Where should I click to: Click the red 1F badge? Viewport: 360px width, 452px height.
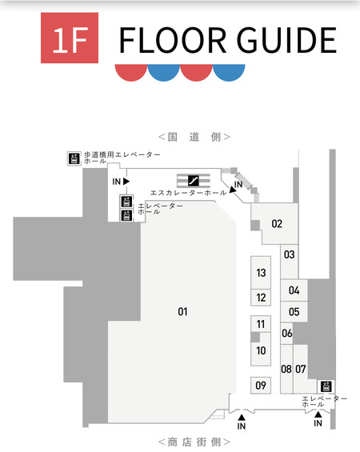(70, 38)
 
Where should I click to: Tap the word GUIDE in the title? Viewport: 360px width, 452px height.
(286, 40)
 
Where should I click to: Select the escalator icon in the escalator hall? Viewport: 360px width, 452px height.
(194, 181)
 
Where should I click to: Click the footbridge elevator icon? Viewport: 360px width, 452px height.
(74, 158)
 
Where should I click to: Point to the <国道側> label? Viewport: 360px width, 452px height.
(194, 137)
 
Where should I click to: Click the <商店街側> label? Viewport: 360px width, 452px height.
(194, 442)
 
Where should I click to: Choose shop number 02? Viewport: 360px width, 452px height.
(277, 224)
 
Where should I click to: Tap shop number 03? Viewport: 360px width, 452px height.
(289, 254)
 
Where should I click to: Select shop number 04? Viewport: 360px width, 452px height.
(294, 290)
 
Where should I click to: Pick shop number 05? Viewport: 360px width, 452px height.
(294, 312)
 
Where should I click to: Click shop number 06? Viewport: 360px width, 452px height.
(287, 334)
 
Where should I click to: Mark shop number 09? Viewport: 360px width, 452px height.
(261, 386)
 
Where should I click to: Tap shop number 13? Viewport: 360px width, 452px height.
(261, 273)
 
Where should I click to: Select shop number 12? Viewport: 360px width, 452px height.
(261, 298)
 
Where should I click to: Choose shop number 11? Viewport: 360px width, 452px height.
(261, 324)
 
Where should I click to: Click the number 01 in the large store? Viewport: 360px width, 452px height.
(182, 312)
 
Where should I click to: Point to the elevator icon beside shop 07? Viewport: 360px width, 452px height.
(326, 386)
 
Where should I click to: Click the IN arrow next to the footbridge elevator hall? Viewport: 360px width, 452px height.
(126, 182)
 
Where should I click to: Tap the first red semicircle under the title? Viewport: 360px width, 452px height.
(131, 73)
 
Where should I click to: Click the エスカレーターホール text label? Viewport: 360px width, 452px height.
(189, 193)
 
